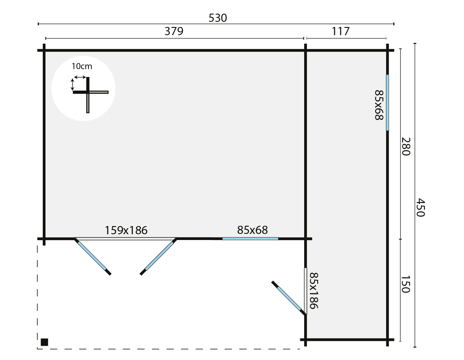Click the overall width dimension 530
[217, 18]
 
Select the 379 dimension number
[174, 31]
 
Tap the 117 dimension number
[341, 31]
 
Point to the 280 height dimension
[406, 146]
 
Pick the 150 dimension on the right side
[406, 284]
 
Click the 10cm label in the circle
[82, 66]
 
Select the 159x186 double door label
[126, 231]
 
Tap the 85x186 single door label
[314, 291]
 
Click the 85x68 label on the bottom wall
[252, 230]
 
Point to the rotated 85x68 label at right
[379, 105]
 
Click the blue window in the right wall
[387, 102]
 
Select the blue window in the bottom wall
[250, 239]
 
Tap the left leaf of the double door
[92, 256]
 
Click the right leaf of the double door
[159, 256]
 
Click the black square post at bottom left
[44, 342]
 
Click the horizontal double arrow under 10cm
[80, 77]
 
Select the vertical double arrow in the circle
[72, 84]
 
